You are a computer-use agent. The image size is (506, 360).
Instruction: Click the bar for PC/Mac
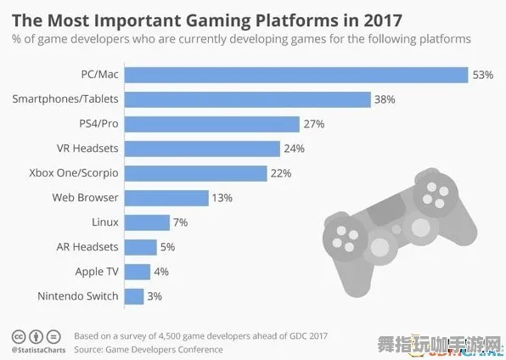click(296, 75)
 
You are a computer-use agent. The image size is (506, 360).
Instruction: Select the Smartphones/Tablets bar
click(247, 99)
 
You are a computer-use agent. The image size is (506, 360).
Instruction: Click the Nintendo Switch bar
click(134, 296)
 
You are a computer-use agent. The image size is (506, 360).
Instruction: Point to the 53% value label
click(483, 75)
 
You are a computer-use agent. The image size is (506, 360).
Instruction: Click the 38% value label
click(385, 99)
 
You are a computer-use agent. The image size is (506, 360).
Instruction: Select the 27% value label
click(313, 124)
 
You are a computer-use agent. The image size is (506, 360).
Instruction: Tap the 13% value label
click(222, 198)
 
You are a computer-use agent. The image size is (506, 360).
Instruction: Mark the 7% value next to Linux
click(181, 222)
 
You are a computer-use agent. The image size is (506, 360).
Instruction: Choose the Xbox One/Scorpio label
click(74, 173)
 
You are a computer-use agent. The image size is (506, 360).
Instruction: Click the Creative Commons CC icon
click(18, 335)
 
